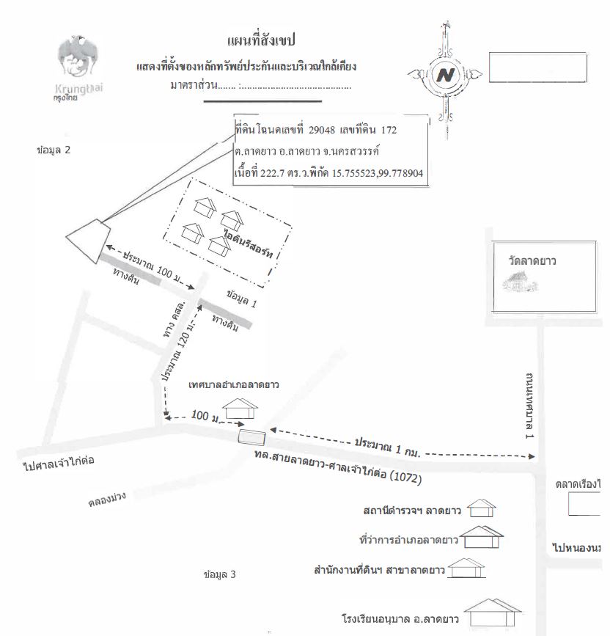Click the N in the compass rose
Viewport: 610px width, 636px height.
(x=444, y=74)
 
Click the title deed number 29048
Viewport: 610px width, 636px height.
(x=317, y=130)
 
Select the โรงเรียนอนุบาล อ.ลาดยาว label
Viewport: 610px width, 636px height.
(x=400, y=618)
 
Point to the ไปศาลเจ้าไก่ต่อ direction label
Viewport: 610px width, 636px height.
(x=60, y=462)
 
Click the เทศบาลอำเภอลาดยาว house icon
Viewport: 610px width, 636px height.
(x=240, y=407)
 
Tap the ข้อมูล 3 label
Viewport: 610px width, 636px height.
(x=220, y=574)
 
